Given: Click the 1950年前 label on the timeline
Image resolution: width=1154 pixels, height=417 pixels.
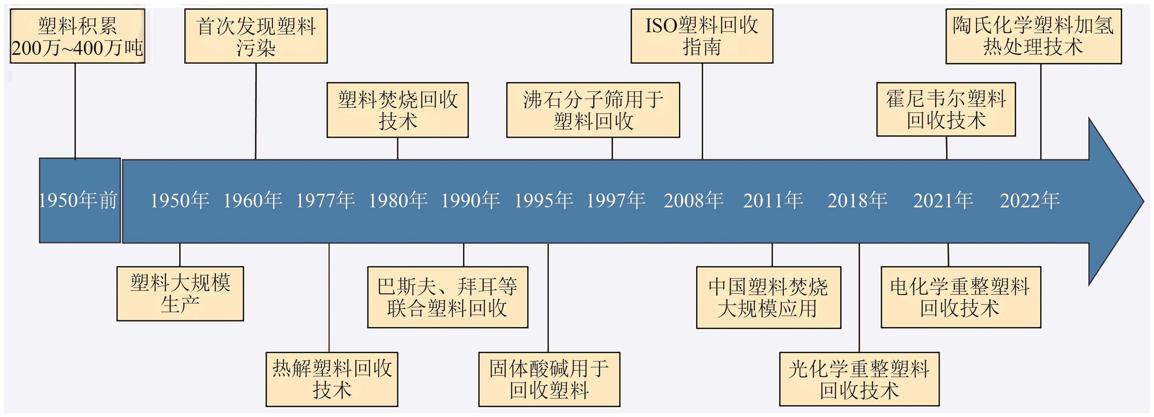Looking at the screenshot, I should click(x=79, y=200).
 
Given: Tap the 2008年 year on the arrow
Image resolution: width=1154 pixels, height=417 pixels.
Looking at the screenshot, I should click(x=694, y=200).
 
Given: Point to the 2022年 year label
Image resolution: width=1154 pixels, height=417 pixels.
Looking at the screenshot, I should click(x=1029, y=200).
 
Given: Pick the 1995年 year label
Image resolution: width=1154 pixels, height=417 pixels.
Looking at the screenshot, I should click(x=543, y=200).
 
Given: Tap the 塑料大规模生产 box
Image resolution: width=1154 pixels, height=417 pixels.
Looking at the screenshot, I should click(x=180, y=294).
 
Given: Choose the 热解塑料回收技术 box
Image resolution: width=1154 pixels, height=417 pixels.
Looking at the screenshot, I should click(x=332, y=379).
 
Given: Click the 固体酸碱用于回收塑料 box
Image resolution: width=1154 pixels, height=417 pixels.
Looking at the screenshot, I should click(x=549, y=379).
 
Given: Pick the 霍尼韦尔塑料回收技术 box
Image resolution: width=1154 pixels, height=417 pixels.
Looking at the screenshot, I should click(x=946, y=109).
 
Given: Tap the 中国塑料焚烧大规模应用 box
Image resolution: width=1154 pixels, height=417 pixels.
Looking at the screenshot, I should click(x=768, y=297).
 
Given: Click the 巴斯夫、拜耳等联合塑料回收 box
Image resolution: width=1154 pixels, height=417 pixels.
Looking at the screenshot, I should click(x=447, y=297).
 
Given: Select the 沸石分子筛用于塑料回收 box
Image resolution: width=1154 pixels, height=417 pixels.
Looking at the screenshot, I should click(x=593, y=110).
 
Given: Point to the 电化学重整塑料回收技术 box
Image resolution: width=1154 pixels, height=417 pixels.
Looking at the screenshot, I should click(x=961, y=297).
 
